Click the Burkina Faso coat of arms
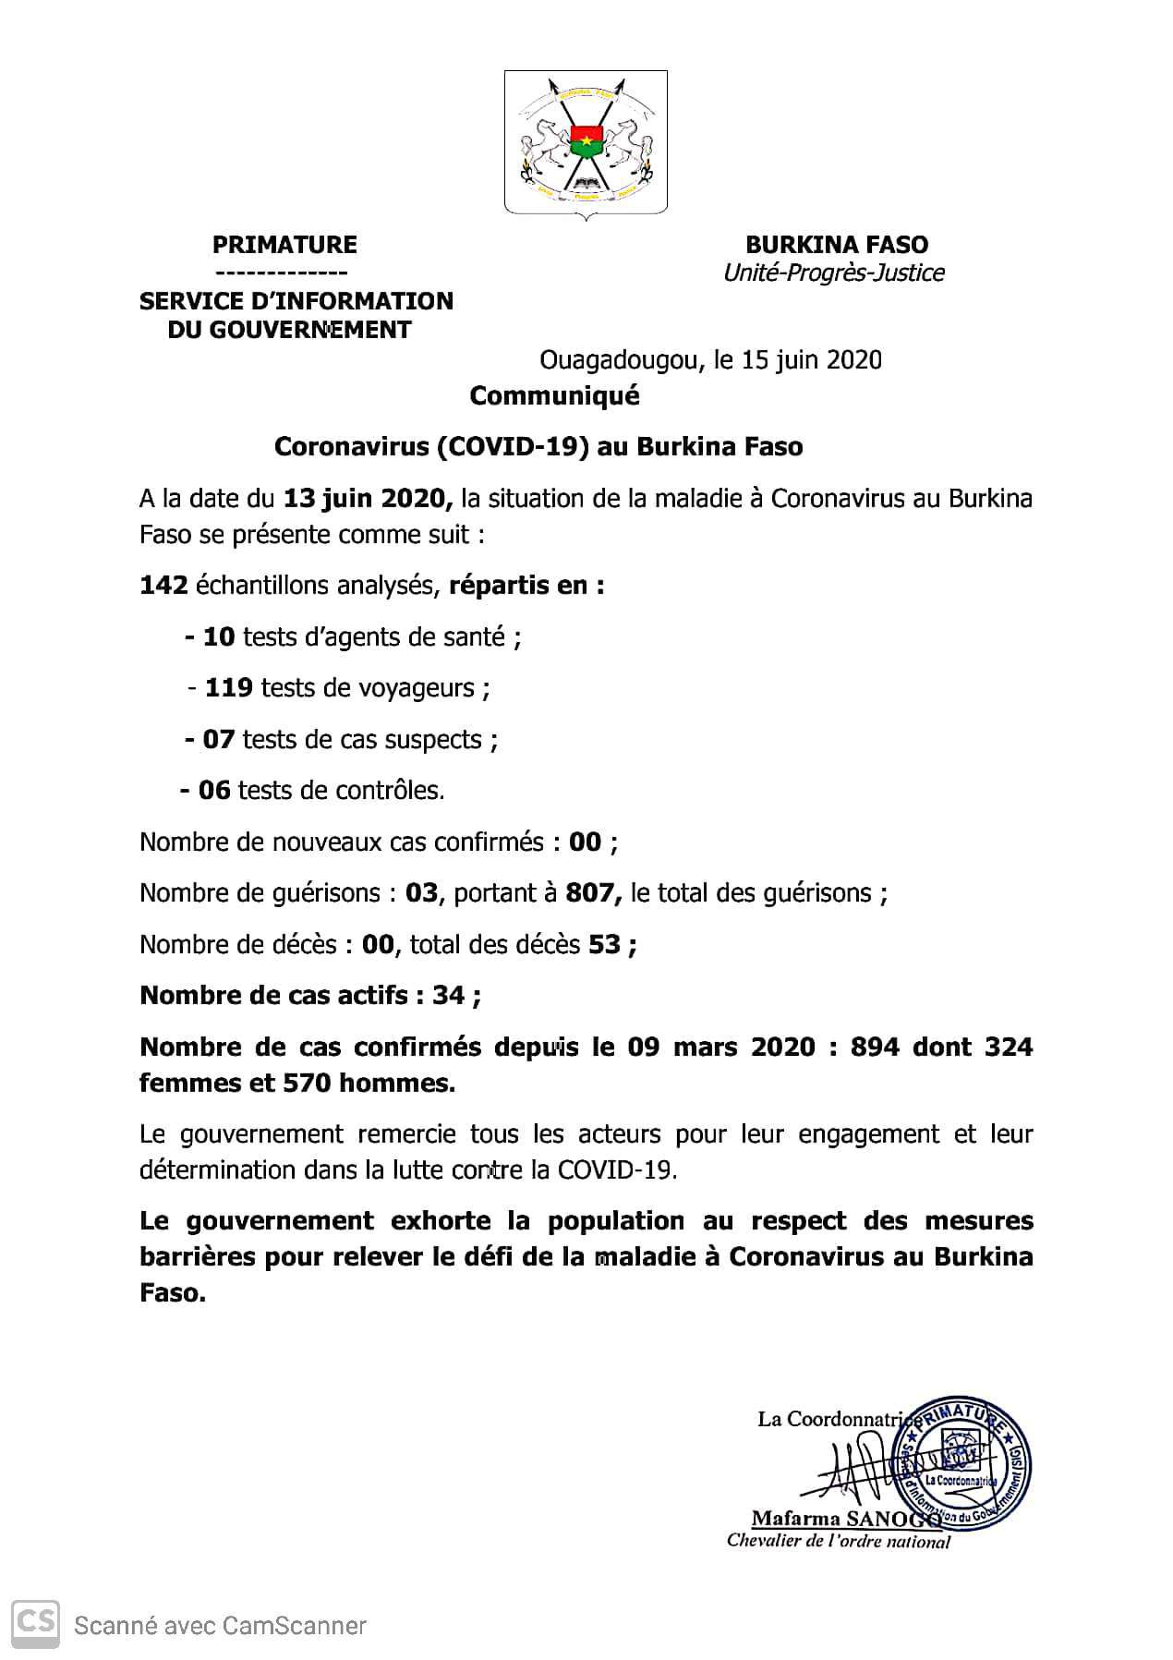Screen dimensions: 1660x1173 (x=586, y=143)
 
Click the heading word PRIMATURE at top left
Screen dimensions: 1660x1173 (x=284, y=245)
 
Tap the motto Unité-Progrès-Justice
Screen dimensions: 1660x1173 (x=833, y=273)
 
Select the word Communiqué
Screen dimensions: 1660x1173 (x=554, y=395)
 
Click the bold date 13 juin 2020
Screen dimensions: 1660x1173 (x=368, y=499)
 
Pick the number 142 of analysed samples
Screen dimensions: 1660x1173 (x=163, y=586)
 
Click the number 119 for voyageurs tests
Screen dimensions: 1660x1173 (x=228, y=688)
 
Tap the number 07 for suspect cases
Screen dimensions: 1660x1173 (x=219, y=740)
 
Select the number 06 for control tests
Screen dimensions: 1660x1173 (x=214, y=791)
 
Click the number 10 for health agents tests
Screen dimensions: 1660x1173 (x=219, y=637)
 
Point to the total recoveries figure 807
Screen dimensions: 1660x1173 (x=590, y=893)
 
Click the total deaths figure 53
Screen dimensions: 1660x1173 (x=604, y=945)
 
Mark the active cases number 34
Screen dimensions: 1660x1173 (x=448, y=996)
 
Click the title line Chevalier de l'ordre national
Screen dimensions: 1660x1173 (x=838, y=1541)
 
